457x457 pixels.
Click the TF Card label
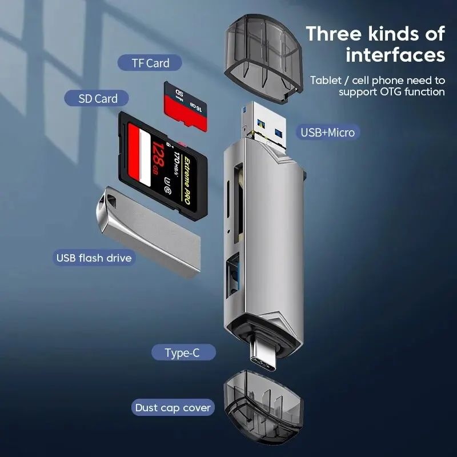pos(150,63)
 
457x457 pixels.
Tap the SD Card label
pos(98,98)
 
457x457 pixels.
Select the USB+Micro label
pos(327,133)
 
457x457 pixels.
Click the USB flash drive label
pos(94,258)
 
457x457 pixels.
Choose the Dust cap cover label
pos(173,408)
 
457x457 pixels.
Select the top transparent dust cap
pos(262,59)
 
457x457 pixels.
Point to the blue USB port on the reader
pos(234,279)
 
